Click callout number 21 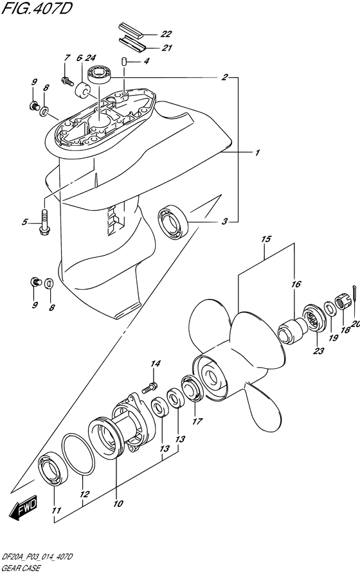[x=166, y=48]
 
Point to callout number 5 [x=24, y=222]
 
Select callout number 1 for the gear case [x=256, y=153]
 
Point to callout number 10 [x=117, y=504]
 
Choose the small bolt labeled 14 [x=150, y=387]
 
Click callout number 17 [x=197, y=422]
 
